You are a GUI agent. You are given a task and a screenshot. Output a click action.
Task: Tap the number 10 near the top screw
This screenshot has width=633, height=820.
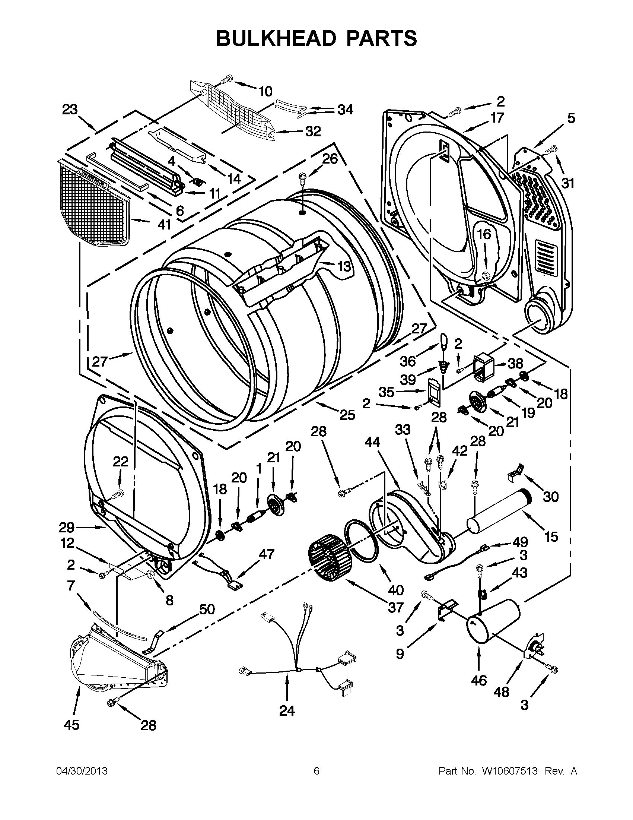265,91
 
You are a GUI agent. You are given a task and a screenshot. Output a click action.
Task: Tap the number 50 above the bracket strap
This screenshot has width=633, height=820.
207,609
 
